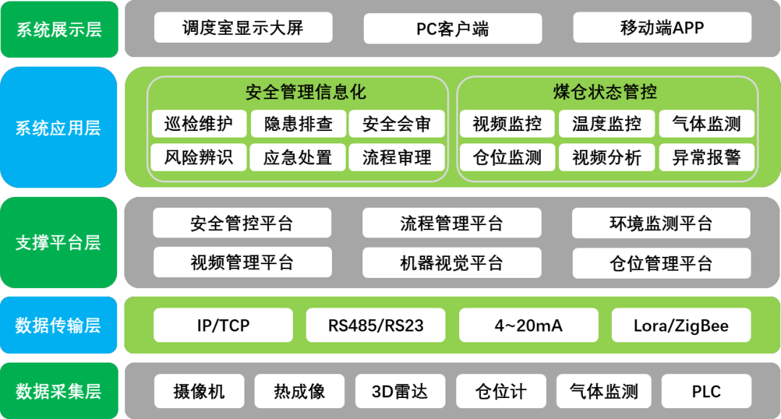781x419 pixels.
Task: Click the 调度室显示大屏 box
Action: point(243,28)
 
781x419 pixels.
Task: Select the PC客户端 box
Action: point(453,29)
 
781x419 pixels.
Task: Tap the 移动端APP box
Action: point(662,28)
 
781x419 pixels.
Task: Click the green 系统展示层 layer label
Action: point(59,29)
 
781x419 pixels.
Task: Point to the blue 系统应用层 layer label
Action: point(59,128)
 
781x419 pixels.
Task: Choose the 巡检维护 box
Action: point(199,124)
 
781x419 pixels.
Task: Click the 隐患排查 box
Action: point(298,124)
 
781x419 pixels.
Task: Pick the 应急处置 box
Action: point(297,157)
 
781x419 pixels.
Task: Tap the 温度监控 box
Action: point(607,124)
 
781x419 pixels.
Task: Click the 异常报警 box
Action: point(707,157)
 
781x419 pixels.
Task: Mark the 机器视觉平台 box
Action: point(452,263)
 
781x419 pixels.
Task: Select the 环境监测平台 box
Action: point(661,224)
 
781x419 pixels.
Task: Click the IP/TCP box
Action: point(223,326)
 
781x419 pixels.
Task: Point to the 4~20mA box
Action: point(529,326)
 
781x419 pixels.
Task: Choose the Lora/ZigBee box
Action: point(681,326)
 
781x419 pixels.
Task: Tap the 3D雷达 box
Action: point(400,392)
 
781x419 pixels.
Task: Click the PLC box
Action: point(706,392)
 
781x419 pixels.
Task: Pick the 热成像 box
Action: point(299,392)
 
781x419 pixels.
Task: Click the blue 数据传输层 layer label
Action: point(59,325)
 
